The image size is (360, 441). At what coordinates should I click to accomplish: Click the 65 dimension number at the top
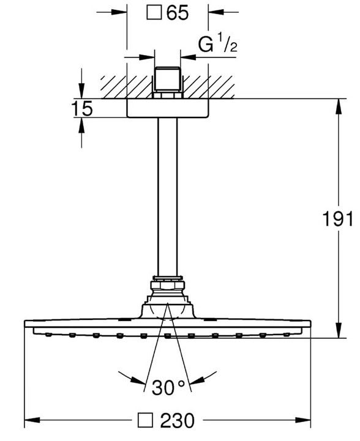click(x=178, y=13)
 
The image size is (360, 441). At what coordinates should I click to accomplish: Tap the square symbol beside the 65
click(x=154, y=13)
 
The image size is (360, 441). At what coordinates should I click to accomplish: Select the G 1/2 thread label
click(x=217, y=45)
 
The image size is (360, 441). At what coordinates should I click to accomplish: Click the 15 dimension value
click(x=82, y=109)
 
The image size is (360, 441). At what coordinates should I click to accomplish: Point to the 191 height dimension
click(x=337, y=218)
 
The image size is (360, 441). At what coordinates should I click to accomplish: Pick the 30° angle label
click(x=168, y=387)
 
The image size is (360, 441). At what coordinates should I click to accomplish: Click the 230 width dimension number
click(x=178, y=420)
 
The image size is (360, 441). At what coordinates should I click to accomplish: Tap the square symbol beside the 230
click(x=145, y=420)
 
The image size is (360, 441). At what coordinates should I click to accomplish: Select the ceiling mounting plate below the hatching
click(x=168, y=108)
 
